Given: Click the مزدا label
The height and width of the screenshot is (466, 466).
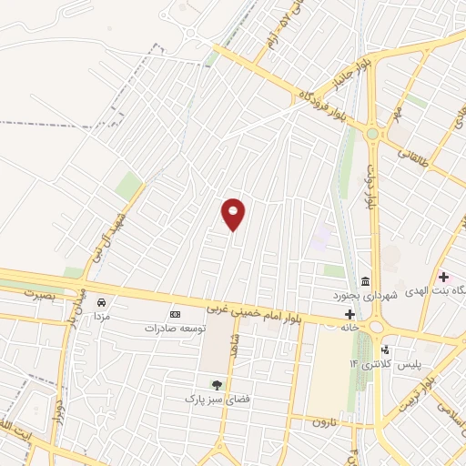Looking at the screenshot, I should (102, 312).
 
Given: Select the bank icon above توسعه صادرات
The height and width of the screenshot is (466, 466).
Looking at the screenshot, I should (175, 314).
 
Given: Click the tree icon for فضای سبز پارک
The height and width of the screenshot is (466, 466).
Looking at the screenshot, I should (217, 385).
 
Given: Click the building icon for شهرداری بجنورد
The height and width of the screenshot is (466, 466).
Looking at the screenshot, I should (365, 279).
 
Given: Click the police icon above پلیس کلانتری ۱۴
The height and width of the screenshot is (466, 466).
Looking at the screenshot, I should (385, 349).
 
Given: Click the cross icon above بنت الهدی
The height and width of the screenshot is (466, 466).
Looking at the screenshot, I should (443, 277).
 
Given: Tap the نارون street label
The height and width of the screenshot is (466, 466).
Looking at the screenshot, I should (325, 422).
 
